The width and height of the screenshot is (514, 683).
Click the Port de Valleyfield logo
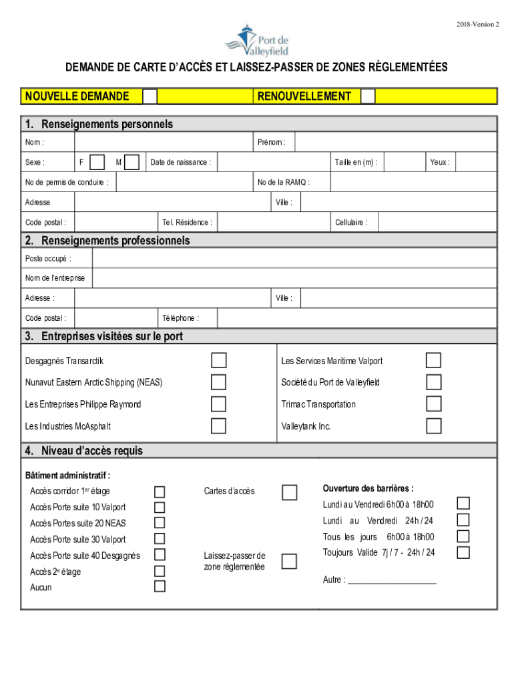[x=257, y=39]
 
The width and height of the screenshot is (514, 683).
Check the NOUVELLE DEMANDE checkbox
[x=150, y=96]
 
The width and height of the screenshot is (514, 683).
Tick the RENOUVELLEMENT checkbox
[x=368, y=96]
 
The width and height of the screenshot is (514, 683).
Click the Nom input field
[x=163, y=142]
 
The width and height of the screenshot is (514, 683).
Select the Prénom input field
[x=395, y=142]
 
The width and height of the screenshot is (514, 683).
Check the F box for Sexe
[x=97, y=162]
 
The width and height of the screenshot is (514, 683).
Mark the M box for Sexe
[x=132, y=162]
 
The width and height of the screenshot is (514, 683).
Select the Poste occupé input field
[x=294, y=258]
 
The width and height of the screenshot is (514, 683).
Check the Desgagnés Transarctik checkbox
[x=219, y=361]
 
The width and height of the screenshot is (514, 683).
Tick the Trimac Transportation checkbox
[x=434, y=404]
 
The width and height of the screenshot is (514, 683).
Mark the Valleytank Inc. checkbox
[x=434, y=426]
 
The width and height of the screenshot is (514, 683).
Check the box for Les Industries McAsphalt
[x=219, y=426]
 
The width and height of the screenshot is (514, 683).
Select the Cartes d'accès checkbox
[x=289, y=492]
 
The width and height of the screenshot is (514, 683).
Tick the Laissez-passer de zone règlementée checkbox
[x=289, y=561]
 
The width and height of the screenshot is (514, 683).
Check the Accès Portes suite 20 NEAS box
[x=160, y=523]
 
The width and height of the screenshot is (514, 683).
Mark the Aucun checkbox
[x=160, y=586]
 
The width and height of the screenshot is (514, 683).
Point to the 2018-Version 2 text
[x=478, y=25]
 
